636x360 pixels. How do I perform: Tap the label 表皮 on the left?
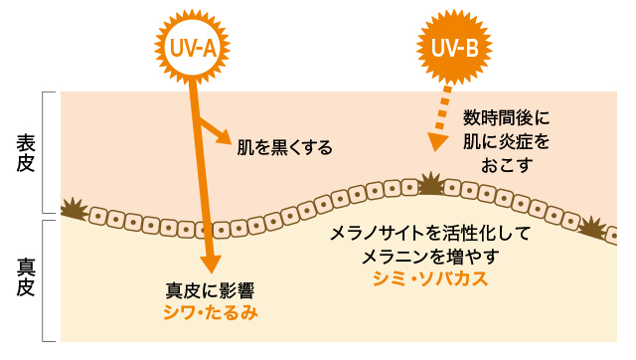[x=26, y=153]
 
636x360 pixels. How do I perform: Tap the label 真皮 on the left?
[x=26, y=277]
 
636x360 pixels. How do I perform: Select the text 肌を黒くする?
[x=284, y=147]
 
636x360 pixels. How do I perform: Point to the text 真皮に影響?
[x=209, y=291]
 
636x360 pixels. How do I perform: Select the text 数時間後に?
[x=507, y=118]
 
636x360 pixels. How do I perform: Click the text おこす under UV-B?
[x=507, y=163]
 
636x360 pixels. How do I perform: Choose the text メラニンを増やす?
[x=430, y=256]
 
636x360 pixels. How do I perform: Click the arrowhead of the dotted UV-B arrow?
[x=433, y=142]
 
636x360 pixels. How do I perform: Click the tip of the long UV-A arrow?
[x=210, y=267]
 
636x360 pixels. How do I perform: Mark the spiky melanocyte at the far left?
[x=73, y=209]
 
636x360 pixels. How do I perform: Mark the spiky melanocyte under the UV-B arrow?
[x=431, y=184]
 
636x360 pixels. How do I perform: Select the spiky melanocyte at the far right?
[x=593, y=229]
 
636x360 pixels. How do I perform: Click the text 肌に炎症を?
[x=507, y=141]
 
